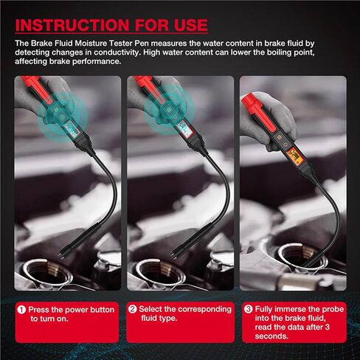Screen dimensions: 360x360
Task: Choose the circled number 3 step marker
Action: click(x=248, y=309)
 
